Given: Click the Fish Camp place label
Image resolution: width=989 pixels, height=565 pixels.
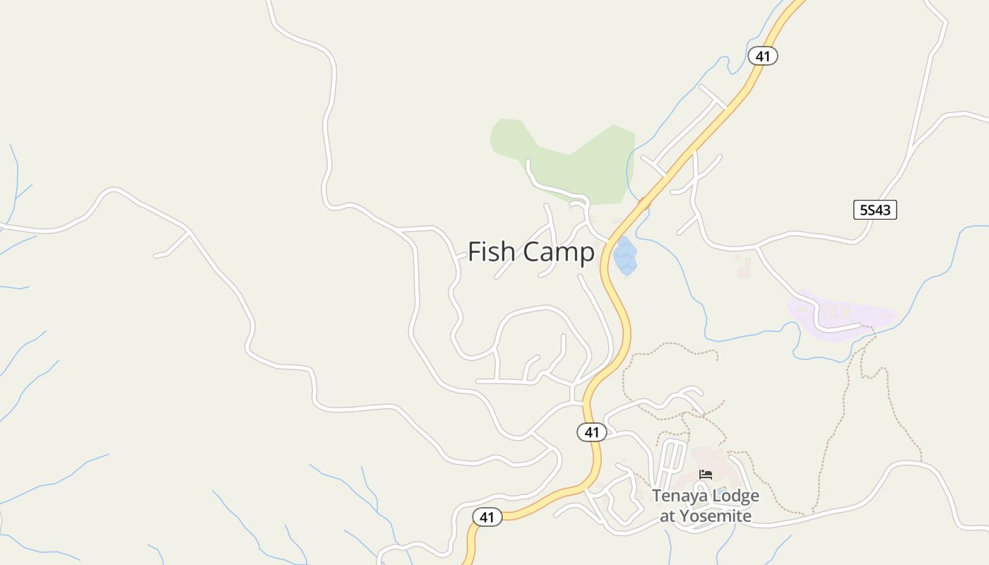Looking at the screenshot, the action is click(x=531, y=251).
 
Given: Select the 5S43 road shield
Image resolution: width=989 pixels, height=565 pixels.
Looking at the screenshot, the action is click(x=875, y=210).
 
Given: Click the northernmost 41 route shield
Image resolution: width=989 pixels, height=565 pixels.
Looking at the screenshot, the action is click(x=762, y=56).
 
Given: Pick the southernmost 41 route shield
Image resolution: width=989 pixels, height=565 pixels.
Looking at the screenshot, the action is click(x=487, y=517).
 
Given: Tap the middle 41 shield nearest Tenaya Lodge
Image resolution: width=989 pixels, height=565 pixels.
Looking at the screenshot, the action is click(x=591, y=432).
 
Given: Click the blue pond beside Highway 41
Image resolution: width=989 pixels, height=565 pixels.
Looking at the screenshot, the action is click(x=625, y=258).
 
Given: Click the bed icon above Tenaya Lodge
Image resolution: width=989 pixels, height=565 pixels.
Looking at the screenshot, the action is click(x=705, y=475).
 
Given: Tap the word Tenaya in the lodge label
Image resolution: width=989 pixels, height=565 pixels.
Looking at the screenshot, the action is click(x=678, y=496).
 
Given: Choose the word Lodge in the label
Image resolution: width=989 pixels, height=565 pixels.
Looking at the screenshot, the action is click(x=734, y=496).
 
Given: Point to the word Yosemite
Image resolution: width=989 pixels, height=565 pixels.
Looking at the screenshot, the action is click(x=716, y=516).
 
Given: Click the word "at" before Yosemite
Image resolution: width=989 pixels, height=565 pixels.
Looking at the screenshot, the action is click(x=668, y=516).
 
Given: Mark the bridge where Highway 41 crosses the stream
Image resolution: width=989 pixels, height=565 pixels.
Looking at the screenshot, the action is click(x=644, y=202).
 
